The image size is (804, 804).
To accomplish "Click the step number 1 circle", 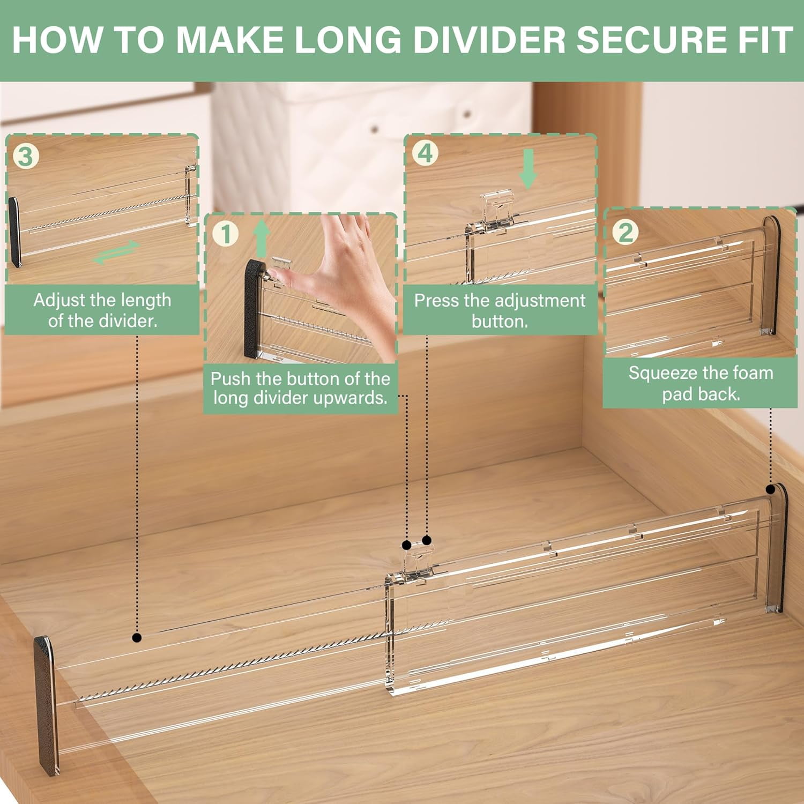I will pyautogui.click(x=225, y=234).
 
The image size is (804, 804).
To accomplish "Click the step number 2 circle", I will pyautogui.click(x=625, y=232).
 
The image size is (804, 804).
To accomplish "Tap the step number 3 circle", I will pyautogui.click(x=25, y=157).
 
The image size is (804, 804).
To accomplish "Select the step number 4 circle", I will pyautogui.click(x=425, y=153).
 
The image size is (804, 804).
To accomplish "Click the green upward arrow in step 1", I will pyautogui.click(x=261, y=239).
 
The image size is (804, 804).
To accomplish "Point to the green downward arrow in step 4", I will pyautogui.click(x=528, y=168).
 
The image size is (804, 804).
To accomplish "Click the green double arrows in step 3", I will pyautogui.click(x=116, y=252).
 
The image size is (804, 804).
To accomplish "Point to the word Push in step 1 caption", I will pyautogui.click(x=230, y=379).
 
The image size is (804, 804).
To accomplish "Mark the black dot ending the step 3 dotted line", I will pyautogui.click(x=137, y=637).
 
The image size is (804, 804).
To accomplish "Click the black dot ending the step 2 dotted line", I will pyautogui.click(x=770, y=489).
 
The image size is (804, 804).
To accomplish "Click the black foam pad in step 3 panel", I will pyautogui.click(x=14, y=232).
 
